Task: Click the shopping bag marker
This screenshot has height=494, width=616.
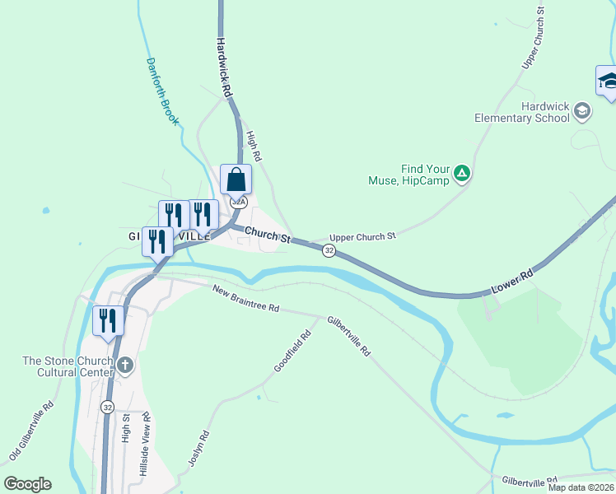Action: point(236,179)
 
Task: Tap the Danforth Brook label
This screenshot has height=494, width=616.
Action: point(162,91)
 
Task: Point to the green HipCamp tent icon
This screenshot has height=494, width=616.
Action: point(462,173)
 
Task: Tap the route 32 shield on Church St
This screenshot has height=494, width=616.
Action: point(329,250)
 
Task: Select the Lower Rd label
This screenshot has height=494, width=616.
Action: point(513,281)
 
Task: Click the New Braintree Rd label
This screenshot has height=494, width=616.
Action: point(245,298)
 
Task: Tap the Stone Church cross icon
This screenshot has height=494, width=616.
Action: point(124,365)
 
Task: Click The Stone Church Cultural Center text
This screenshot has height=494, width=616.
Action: point(68,366)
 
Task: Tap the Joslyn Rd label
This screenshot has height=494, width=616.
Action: point(197,449)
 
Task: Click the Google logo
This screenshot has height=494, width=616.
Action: point(27,484)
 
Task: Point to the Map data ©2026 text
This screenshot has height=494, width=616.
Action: point(581,487)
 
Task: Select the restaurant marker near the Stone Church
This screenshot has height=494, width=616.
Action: point(109,319)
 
